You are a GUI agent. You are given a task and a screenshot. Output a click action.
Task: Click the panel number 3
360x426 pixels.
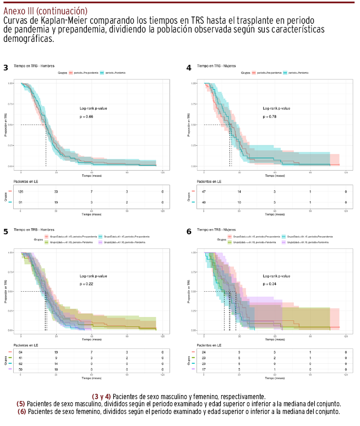6,68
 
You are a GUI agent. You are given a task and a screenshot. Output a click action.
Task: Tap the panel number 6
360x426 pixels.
189,231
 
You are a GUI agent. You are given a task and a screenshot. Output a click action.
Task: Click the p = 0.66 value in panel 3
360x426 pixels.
86,117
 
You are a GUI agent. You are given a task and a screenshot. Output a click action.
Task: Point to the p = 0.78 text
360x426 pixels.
269,117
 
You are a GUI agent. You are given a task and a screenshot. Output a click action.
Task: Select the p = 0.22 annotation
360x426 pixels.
86,283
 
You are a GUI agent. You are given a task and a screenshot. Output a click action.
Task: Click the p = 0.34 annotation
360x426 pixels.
269,283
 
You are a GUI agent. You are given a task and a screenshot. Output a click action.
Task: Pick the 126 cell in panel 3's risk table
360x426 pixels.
21,192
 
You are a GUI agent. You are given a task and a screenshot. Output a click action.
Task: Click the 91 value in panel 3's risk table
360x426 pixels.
21,203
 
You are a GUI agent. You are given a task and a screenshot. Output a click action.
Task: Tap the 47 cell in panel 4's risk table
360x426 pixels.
204,192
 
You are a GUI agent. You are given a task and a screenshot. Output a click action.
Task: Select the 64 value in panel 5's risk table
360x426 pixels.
21,352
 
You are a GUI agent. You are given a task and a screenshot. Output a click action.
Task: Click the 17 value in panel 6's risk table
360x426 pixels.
204,369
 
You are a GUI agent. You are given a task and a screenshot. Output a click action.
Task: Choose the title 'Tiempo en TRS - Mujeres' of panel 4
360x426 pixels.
216,66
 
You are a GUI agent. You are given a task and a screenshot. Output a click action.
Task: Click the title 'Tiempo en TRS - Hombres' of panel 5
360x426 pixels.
33,230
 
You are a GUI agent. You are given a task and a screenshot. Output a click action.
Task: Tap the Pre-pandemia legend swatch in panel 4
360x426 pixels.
254,72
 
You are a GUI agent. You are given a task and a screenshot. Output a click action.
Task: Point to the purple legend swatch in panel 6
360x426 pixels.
283,242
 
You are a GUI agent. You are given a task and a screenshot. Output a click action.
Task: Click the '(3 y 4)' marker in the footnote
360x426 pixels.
101,396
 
